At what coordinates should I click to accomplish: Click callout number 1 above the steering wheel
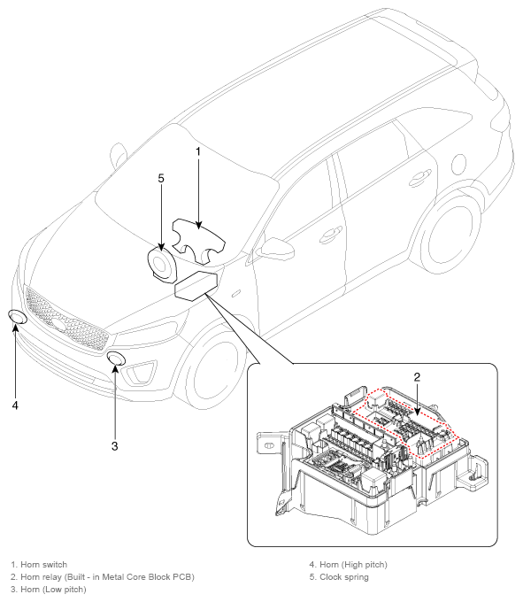(198, 151)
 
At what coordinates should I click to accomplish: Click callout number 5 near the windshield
(161, 178)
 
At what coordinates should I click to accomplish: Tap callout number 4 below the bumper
(15, 405)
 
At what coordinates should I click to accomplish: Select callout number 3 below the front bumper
(115, 446)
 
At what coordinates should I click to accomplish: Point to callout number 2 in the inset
(417, 377)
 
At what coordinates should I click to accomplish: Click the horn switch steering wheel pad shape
(198, 241)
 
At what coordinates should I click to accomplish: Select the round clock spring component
(162, 265)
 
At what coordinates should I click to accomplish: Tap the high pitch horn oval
(18, 317)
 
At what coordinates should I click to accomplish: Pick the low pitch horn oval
(116, 359)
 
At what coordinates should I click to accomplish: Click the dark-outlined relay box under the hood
(196, 286)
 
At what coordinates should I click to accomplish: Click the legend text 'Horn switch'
(43, 565)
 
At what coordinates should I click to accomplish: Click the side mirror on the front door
(277, 249)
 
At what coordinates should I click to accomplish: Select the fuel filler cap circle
(459, 165)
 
